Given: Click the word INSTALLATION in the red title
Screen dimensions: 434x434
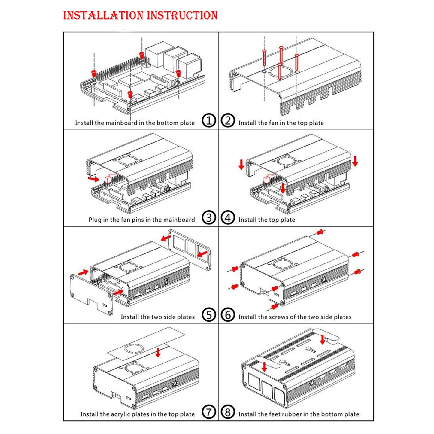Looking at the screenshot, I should click(x=103, y=15).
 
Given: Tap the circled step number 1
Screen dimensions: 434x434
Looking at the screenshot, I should click(x=209, y=121).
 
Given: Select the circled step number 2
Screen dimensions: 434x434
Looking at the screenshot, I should click(x=228, y=121).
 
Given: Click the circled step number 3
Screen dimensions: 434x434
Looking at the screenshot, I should click(x=209, y=218).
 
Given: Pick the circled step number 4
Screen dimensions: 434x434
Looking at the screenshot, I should click(x=228, y=218).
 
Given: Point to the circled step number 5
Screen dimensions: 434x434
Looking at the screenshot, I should click(x=209, y=315).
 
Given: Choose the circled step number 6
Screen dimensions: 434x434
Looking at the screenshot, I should click(x=228, y=315).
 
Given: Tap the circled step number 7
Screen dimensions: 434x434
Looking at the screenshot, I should click(x=209, y=412).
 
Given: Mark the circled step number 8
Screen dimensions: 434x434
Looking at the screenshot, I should click(x=228, y=412).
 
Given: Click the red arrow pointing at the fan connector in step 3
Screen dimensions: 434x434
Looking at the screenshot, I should click(x=93, y=179).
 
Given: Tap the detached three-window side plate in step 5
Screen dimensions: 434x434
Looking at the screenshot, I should click(x=189, y=250).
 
